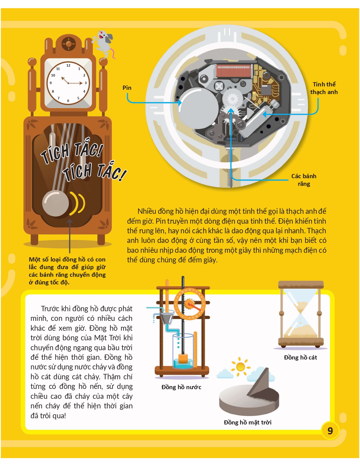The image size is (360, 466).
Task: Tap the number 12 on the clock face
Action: tap(68, 66)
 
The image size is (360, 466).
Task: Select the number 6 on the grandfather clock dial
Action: tap(68, 101)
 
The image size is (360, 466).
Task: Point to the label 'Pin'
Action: tap(127, 88)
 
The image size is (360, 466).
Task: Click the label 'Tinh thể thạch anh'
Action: tap(324, 88)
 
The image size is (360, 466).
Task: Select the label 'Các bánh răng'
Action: tap(304, 180)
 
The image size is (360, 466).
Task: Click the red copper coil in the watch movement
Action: tap(234, 71)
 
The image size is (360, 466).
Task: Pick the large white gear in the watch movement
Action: tap(232, 99)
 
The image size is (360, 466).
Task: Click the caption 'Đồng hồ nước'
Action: tap(181, 387)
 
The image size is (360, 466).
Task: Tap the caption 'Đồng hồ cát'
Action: tap(300, 358)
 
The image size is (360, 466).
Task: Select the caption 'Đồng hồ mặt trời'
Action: tap(248, 423)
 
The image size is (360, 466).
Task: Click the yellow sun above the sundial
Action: tap(241, 367)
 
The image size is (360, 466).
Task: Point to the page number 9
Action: tap(330, 431)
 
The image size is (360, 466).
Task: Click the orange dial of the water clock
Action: tap(190, 304)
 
